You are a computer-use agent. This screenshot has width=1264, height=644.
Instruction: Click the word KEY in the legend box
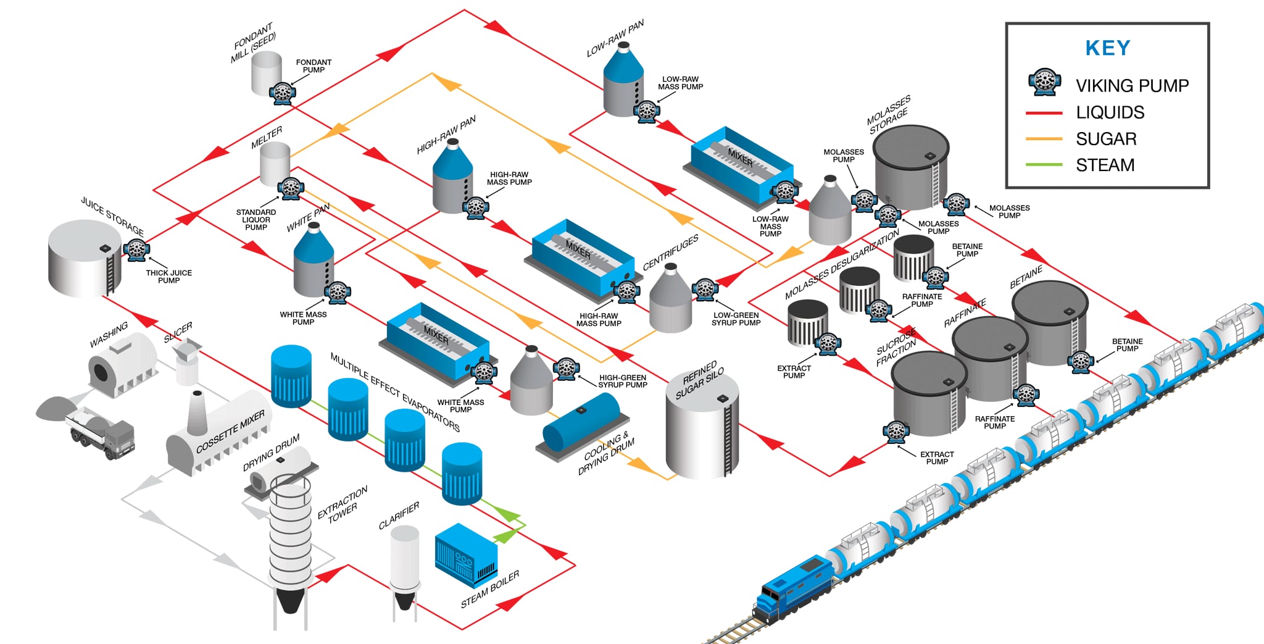point(1108,48)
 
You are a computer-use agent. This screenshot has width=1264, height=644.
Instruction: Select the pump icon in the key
point(1044,82)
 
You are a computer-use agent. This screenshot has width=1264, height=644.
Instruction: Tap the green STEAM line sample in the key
point(1044,165)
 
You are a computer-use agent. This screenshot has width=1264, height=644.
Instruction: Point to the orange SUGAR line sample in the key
point(1044,139)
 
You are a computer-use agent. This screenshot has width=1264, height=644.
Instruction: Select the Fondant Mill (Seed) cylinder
point(267,72)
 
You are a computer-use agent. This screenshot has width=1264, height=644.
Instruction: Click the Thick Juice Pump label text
point(168,276)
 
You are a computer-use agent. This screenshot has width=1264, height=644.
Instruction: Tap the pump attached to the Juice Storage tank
point(136,249)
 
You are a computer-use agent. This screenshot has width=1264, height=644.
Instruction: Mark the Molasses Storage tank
point(911,167)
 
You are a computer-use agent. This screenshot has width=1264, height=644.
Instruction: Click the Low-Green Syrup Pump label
point(736,319)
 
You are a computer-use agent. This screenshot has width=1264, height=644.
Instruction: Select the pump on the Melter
point(290,188)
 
